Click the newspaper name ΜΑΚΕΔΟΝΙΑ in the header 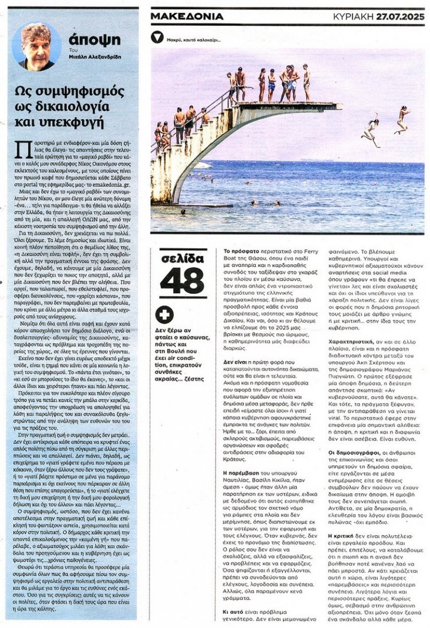point(187,17)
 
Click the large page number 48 point(182,280)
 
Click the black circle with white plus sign point(165,314)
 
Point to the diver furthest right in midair point(402,119)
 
